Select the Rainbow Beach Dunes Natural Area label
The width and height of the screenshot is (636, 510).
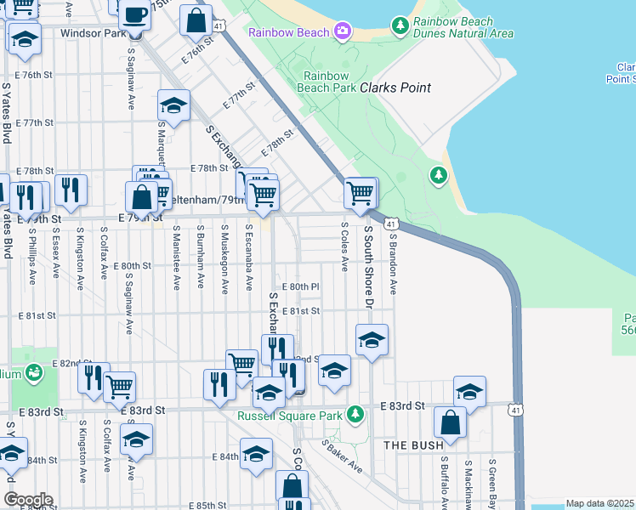[x=463, y=27]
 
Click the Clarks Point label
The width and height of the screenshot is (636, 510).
[x=395, y=88]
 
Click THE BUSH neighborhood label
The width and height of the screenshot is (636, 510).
[x=413, y=445]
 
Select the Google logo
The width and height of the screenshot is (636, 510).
[x=28, y=500]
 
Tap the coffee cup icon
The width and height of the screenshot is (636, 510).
[x=134, y=14]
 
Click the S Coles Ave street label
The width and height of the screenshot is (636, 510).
[x=344, y=247]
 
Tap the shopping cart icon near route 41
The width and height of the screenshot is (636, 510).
[x=361, y=193]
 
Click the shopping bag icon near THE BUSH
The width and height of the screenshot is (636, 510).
[x=450, y=422]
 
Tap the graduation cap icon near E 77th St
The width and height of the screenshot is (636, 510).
[x=173, y=105]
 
